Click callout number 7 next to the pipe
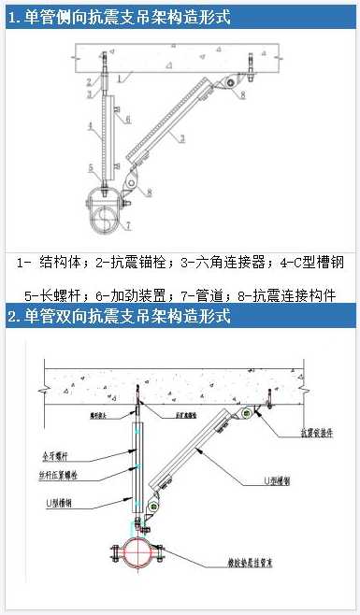point(129,225)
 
